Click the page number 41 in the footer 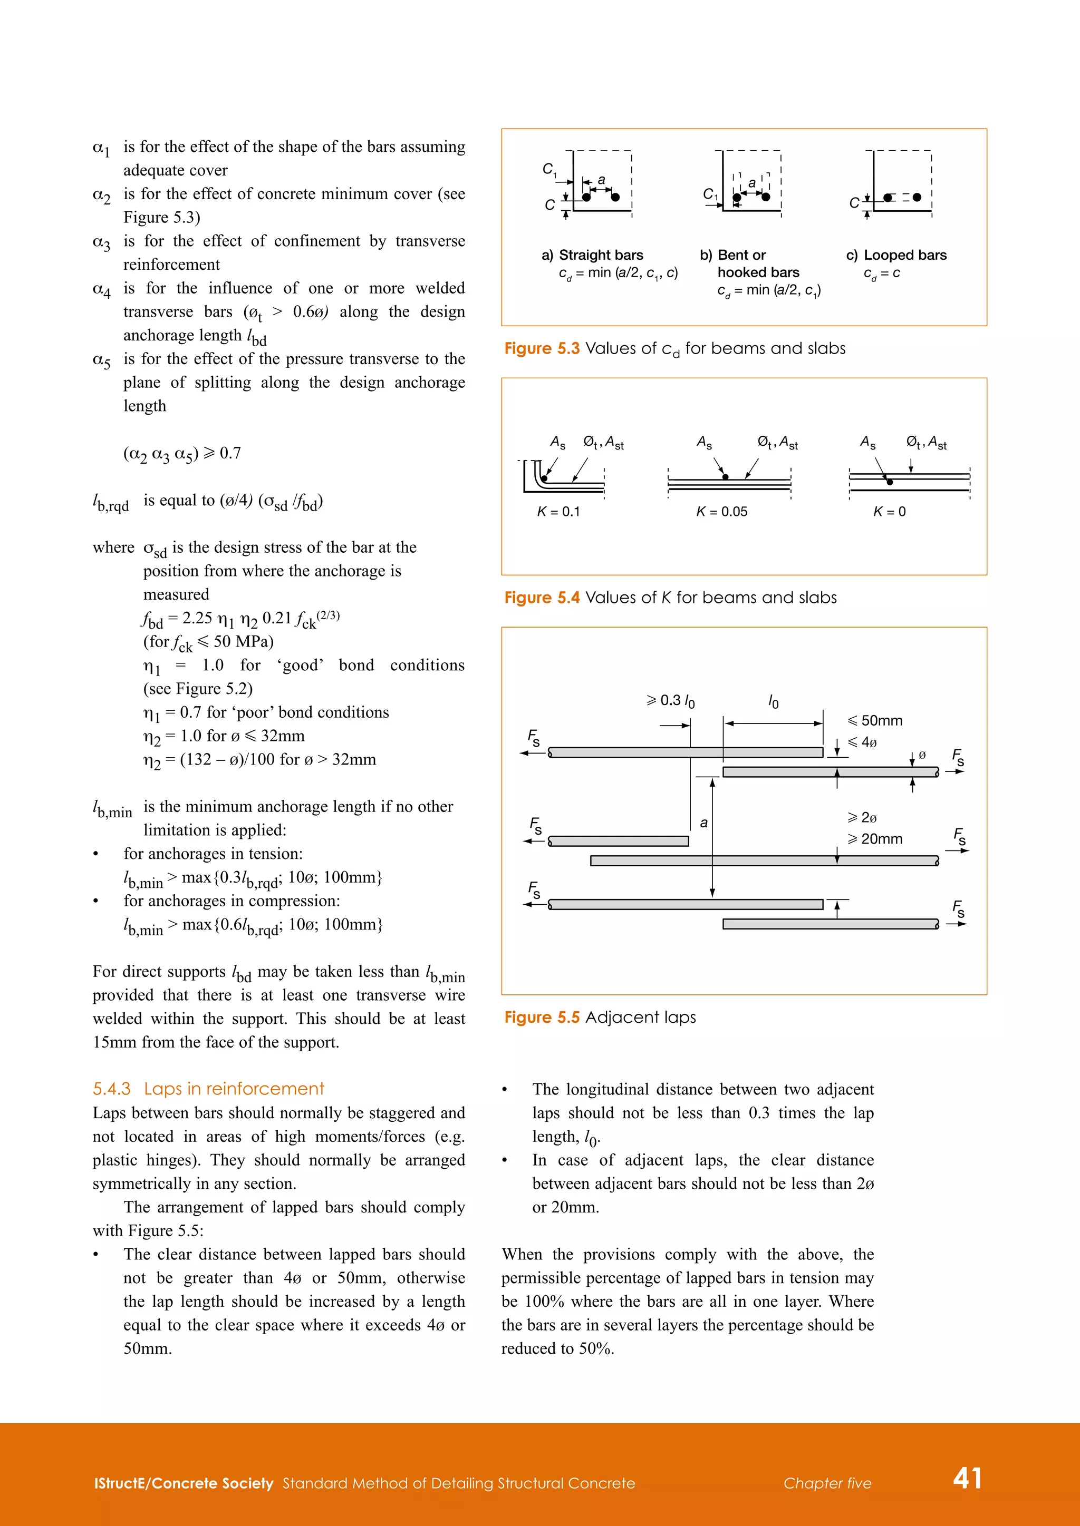[967, 1478]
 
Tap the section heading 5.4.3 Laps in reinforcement [208, 1089]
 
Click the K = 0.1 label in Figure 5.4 [558, 511]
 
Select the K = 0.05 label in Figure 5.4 [721, 511]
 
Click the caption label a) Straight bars [592, 255]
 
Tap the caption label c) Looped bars [896, 255]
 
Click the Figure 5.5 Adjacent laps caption [600, 1018]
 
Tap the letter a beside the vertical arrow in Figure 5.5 [703, 823]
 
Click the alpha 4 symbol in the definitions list [102, 290]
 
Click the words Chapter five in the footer [827, 1483]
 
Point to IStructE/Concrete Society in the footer [184, 1483]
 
